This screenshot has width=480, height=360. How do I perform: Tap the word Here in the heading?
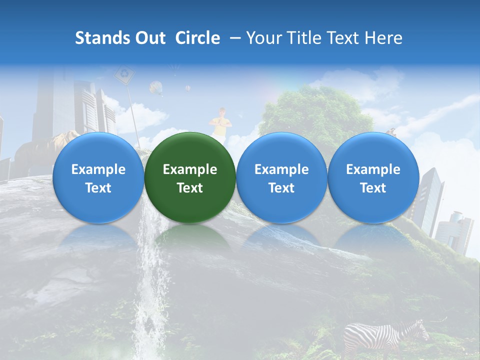pyautogui.click(x=383, y=38)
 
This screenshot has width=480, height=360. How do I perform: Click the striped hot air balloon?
pyautogui.click(x=156, y=88)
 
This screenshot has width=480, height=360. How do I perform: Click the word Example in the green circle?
pyautogui.click(x=190, y=169)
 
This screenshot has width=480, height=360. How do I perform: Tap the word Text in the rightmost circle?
pyautogui.click(x=373, y=188)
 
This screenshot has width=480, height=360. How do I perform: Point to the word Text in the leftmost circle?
pyautogui.click(x=98, y=188)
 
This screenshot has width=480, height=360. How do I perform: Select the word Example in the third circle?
pyautogui.click(x=281, y=169)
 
